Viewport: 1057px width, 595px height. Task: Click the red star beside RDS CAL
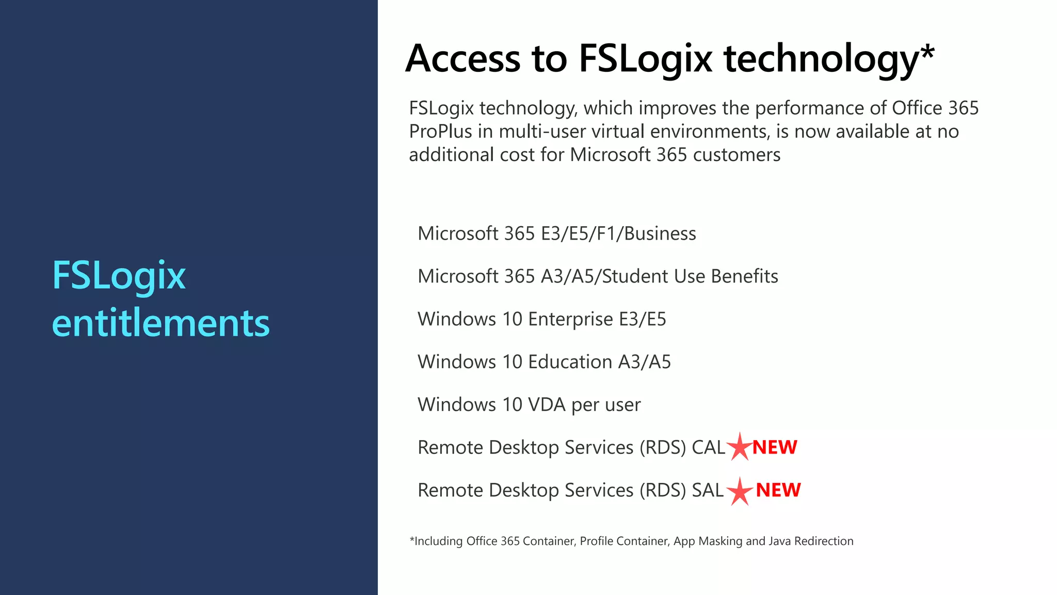click(740, 447)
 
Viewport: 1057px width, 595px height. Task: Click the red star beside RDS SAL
click(740, 491)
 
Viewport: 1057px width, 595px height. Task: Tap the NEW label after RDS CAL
click(775, 447)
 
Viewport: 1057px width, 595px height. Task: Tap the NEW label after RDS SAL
click(778, 490)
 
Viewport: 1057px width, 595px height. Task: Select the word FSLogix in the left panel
click(119, 276)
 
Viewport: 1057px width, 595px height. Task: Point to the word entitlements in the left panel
click(161, 323)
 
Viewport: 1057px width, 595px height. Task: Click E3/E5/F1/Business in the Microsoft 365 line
click(618, 234)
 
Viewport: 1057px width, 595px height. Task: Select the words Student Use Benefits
click(690, 276)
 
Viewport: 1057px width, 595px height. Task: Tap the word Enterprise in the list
click(570, 320)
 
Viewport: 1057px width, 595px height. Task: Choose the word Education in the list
click(570, 362)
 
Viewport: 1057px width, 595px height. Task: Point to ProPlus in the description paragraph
click(440, 132)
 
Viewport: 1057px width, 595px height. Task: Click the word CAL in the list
click(708, 447)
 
